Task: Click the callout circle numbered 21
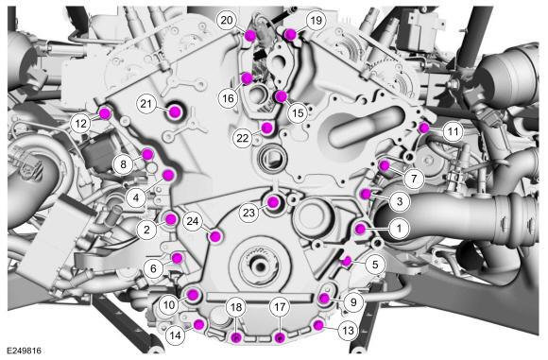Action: (x=146, y=103)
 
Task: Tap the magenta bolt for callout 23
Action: (x=273, y=202)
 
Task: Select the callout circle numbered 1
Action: (x=399, y=229)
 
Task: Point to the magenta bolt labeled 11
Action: (x=424, y=129)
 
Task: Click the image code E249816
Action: (x=25, y=351)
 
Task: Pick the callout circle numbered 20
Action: (x=227, y=20)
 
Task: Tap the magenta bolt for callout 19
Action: (x=290, y=34)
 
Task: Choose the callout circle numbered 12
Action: (x=80, y=124)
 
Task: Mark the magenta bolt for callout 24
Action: (x=215, y=236)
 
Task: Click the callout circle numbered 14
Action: (x=175, y=335)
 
